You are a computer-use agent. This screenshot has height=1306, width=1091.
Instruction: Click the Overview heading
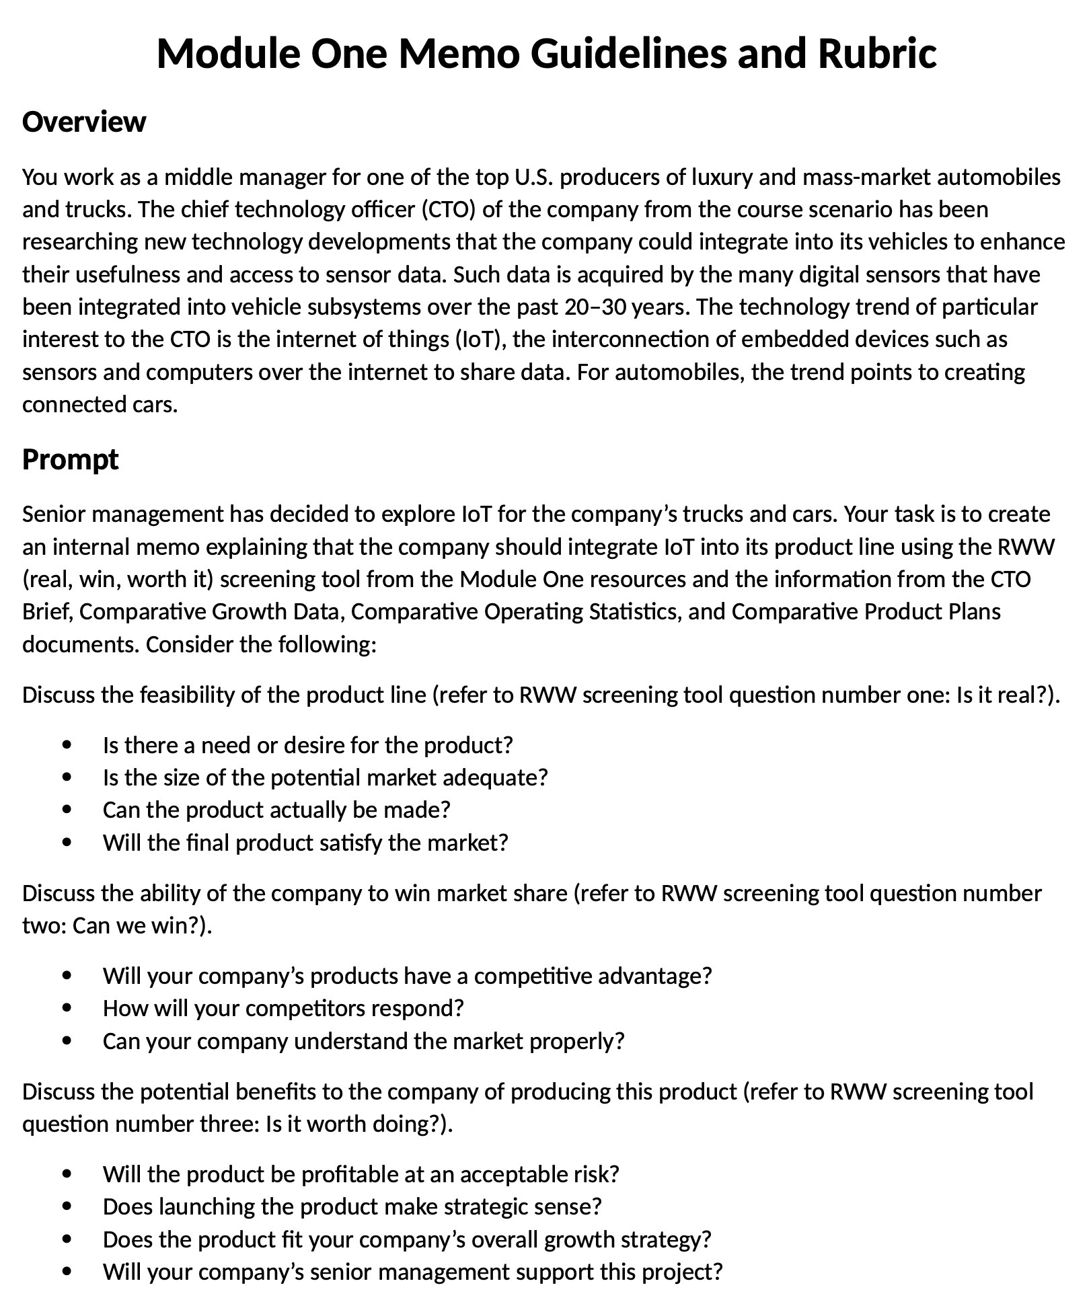tap(84, 122)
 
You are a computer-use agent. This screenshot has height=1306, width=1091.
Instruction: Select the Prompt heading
tap(71, 460)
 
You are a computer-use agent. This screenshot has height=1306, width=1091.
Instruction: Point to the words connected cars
tap(100, 405)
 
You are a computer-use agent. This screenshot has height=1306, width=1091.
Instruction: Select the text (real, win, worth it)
tap(118, 580)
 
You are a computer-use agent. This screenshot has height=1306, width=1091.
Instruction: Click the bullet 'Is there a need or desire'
tap(307, 745)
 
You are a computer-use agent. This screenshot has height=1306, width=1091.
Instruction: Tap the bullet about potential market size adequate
tap(326, 778)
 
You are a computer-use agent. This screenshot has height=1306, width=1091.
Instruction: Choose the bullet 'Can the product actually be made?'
tap(276, 810)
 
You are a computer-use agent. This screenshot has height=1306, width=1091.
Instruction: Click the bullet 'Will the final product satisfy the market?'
tap(305, 843)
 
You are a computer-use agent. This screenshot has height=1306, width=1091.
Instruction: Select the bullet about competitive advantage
tap(407, 976)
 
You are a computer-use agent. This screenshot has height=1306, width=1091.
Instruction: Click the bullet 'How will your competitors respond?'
tap(283, 1009)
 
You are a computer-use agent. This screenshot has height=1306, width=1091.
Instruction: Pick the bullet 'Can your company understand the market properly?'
tap(363, 1042)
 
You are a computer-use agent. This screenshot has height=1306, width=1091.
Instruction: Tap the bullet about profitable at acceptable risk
tap(361, 1175)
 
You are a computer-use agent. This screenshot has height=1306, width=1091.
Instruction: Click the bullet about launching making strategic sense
tap(352, 1207)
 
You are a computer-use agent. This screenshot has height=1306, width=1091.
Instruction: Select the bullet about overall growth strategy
tap(407, 1239)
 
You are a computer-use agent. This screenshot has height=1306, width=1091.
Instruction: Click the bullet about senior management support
tap(412, 1272)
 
